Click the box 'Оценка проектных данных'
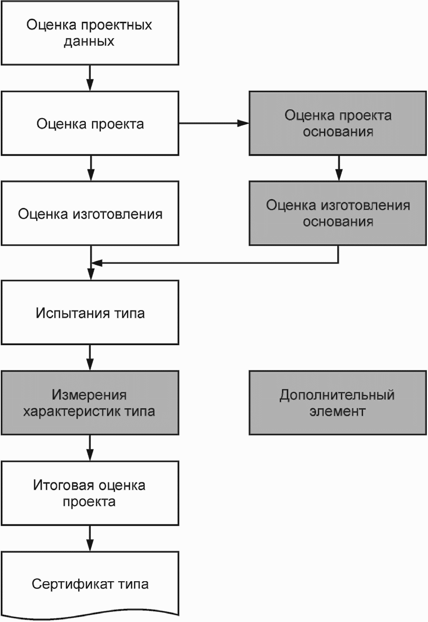[90, 33]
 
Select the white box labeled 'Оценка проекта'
[90, 123]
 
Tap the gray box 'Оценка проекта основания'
[338, 123]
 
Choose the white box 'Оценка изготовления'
[90, 213]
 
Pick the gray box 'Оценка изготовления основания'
[338, 213]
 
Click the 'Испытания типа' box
[90, 313]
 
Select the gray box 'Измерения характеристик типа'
[90, 403]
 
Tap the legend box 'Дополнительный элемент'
[338, 403]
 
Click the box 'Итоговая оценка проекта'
[90, 493]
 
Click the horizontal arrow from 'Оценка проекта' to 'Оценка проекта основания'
[214, 123]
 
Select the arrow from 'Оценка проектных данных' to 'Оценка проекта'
[90, 78]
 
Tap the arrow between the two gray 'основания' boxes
[338, 168]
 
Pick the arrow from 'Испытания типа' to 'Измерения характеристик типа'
[90, 358]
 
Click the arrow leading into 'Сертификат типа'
[90, 539]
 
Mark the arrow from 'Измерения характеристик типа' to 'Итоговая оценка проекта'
[90, 448]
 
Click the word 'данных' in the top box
[89, 42]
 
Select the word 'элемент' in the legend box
[338, 411]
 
